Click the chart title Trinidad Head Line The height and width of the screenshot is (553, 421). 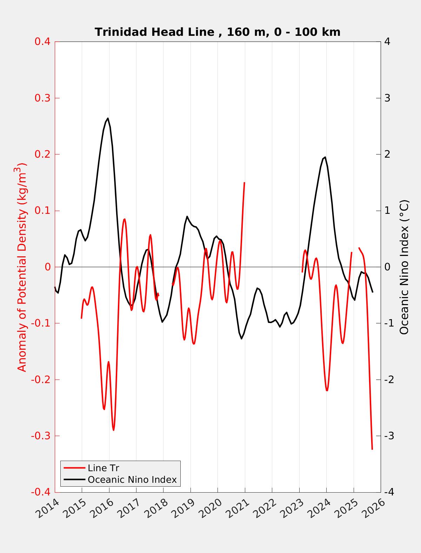pos(218,32)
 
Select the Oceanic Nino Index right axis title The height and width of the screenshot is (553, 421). pos(404,267)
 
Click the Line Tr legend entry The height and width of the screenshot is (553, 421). pos(103,468)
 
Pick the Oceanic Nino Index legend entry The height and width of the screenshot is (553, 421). pos(132,479)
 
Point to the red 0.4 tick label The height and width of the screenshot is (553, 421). pos(42,41)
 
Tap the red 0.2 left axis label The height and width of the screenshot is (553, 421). pos(42,154)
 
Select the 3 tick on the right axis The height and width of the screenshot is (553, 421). pos(387,98)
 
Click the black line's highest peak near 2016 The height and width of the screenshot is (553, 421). pos(108,118)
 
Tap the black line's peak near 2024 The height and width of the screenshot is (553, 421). pos(325,157)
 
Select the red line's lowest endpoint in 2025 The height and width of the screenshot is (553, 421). pos(372,449)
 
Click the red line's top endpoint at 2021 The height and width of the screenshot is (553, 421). pos(244,183)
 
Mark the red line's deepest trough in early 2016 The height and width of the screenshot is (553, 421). pos(113,430)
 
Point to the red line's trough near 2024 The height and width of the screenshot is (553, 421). pos(327,390)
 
